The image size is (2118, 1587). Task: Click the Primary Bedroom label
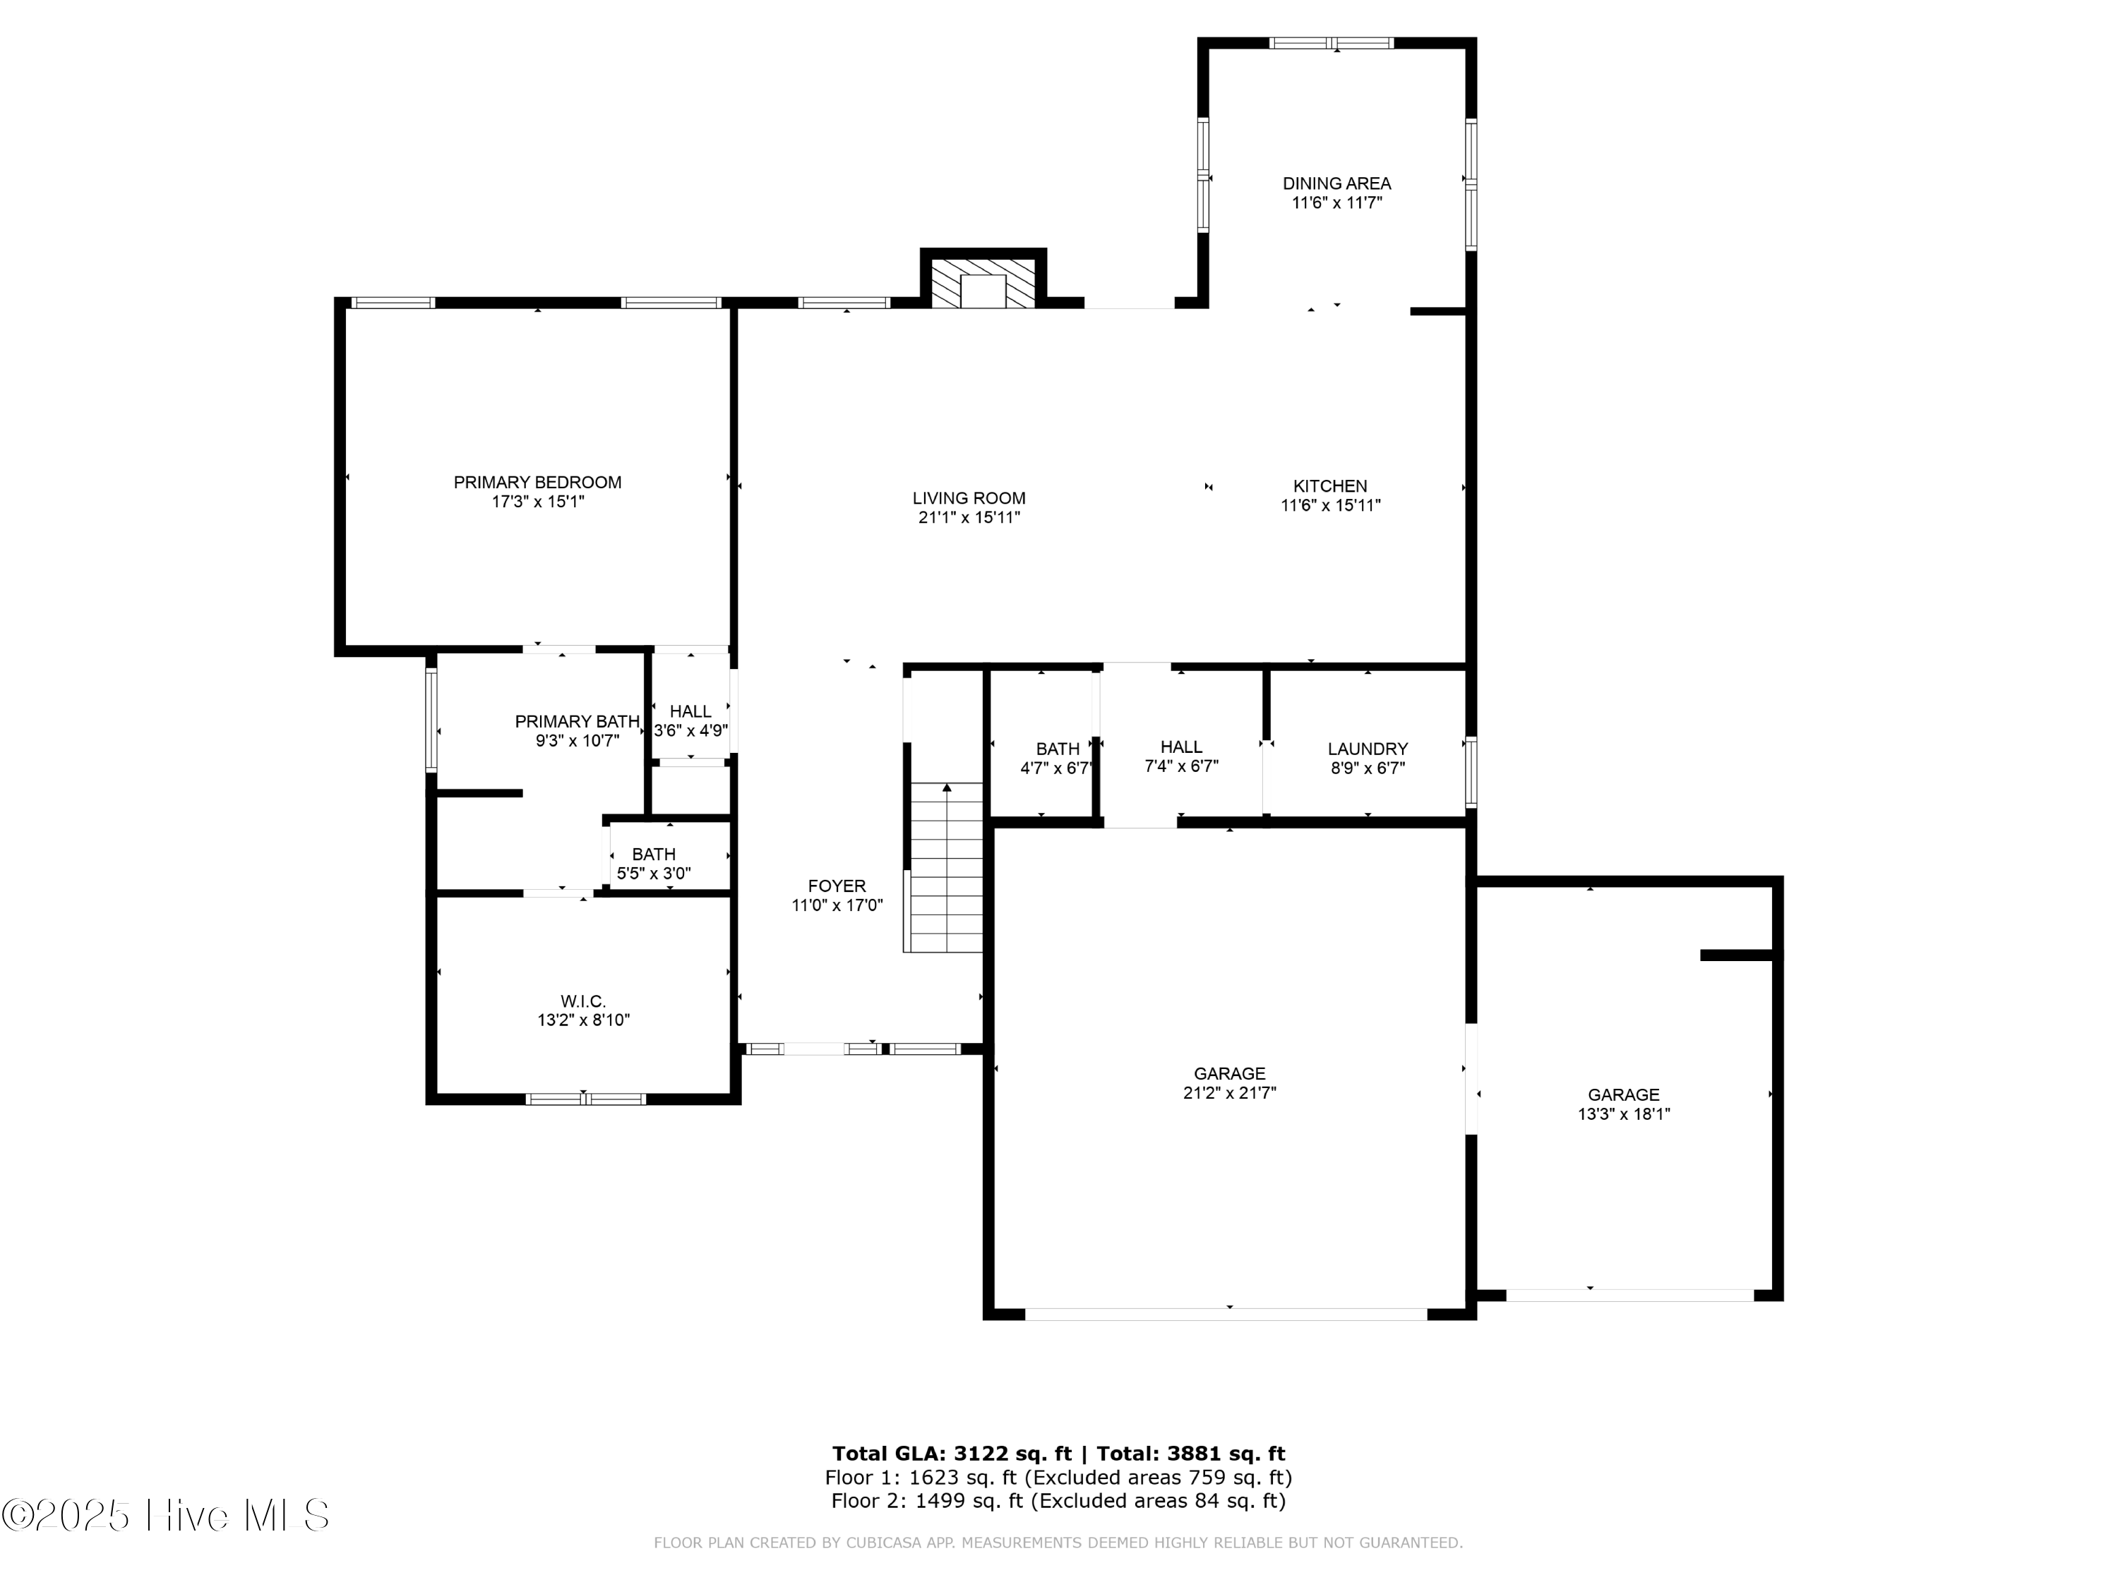tap(537, 483)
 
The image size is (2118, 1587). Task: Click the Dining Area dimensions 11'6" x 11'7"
tap(1336, 203)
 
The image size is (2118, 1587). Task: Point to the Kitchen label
tap(1330, 486)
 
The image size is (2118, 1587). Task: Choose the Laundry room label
tap(1368, 749)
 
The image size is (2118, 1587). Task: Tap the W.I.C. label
tap(583, 1001)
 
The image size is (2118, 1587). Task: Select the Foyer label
tap(836, 886)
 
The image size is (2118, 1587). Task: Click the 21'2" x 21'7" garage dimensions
tap(1229, 1093)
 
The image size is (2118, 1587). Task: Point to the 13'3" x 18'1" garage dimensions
tap(1623, 1114)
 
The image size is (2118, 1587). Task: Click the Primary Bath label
tap(576, 722)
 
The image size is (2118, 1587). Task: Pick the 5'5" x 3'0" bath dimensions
tap(653, 874)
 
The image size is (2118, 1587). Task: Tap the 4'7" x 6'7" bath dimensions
tap(1057, 768)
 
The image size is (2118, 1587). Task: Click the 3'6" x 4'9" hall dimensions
tap(690, 730)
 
